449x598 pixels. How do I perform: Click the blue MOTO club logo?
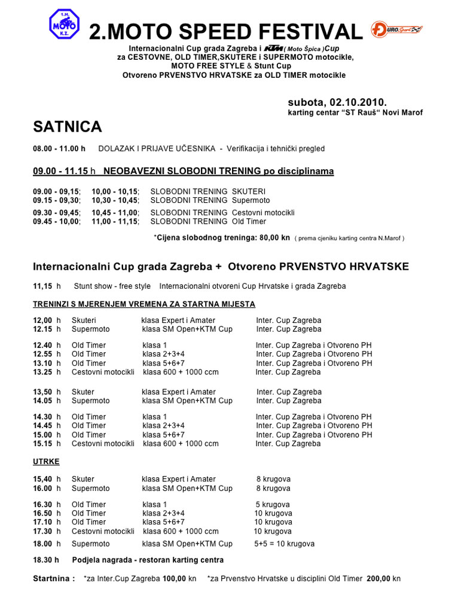click(65, 25)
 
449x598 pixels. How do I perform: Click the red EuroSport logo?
click(396, 29)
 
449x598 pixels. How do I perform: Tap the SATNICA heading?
click(68, 127)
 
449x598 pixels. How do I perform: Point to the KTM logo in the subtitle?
click(273, 48)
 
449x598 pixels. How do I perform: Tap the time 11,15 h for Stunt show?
click(47, 286)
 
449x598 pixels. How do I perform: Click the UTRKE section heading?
click(46, 462)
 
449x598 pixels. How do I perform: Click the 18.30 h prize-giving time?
click(46, 560)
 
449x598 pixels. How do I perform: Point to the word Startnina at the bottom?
click(54, 579)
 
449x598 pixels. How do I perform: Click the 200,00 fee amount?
click(379, 579)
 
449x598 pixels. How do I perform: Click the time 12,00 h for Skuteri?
click(47, 321)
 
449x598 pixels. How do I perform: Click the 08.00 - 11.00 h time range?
click(59, 148)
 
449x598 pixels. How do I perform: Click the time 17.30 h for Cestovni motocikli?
click(47, 532)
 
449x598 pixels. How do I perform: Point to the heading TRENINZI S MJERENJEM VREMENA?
click(144, 304)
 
